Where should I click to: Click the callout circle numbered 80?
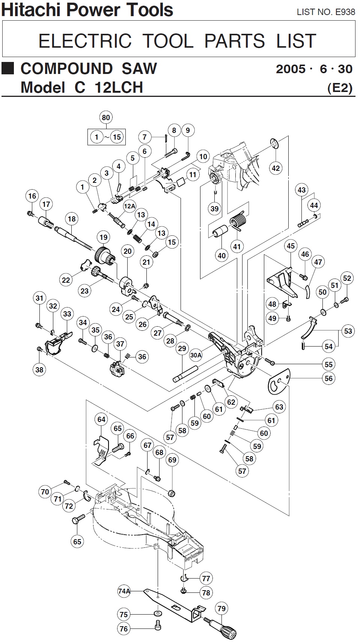106,118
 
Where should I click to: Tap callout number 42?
276,168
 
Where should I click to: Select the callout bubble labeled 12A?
129,206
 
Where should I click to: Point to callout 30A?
196,354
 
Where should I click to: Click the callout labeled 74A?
124,591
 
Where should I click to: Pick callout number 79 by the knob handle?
221,608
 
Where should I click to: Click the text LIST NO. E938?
325,12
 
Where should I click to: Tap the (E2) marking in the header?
340,88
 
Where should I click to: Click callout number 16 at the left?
32,196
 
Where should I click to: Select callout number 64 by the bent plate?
102,419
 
